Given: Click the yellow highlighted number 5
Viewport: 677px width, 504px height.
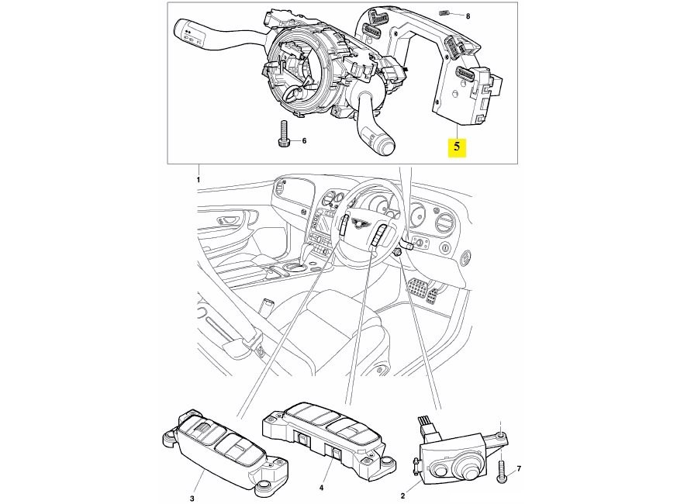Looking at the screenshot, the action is [x=457, y=146].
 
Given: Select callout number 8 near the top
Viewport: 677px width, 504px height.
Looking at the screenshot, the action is [x=468, y=16].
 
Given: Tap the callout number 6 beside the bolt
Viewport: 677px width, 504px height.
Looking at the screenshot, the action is [x=304, y=141].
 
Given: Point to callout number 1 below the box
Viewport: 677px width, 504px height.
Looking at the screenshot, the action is [x=199, y=180].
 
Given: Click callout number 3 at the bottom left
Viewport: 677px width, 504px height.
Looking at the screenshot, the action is [x=192, y=499].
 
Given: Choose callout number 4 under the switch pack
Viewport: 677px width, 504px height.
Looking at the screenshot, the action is [x=321, y=488].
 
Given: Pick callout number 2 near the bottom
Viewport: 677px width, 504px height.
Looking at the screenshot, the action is [x=402, y=495].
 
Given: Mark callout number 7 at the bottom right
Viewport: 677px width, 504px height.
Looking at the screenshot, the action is [x=519, y=468].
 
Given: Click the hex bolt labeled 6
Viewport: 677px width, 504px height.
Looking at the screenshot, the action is [x=282, y=133].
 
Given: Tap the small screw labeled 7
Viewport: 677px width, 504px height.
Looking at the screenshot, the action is [x=501, y=471].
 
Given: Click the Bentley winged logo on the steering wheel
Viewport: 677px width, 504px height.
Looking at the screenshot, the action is [x=359, y=223].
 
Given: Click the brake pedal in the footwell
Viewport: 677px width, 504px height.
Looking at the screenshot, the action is [x=416, y=288].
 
